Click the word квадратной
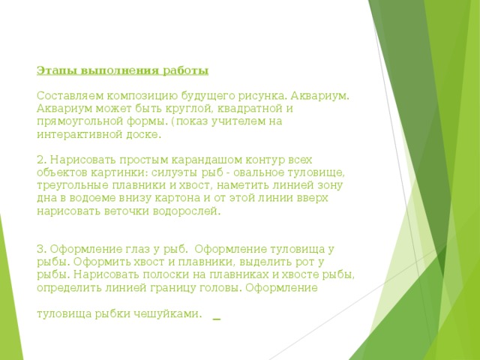click(x=252, y=109)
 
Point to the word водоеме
click(x=101, y=198)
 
